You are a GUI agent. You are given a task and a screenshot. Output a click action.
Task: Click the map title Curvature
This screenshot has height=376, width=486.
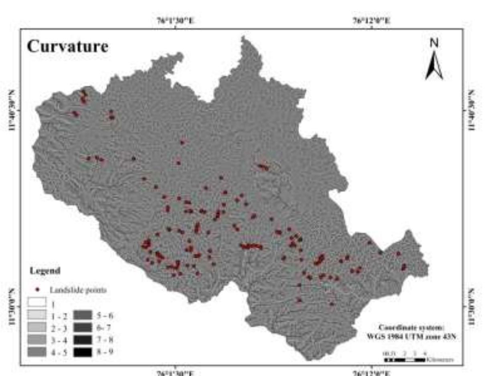(x=67, y=46)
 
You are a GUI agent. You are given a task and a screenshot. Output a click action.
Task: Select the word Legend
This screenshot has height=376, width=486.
(x=45, y=271)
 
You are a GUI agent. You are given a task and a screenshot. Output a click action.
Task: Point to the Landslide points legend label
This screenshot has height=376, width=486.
(x=78, y=290)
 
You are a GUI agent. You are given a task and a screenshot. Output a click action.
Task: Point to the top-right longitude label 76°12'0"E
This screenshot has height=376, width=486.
(x=372, y=20)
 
